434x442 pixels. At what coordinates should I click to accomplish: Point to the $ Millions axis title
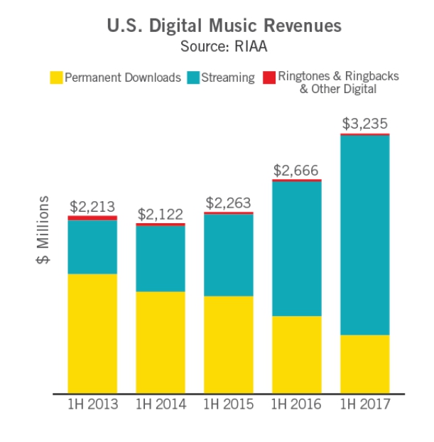coord(43,229)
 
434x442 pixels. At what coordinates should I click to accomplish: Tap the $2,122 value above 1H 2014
coord(161,214)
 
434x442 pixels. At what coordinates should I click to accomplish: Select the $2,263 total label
coord(229,203)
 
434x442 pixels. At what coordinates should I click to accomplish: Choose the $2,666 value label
coord(296,171)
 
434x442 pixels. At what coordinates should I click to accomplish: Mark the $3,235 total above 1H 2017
coord(364,124)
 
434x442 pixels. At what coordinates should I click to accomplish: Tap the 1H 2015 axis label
coord(229,404)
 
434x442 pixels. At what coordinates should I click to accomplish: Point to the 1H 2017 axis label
coord(364,404)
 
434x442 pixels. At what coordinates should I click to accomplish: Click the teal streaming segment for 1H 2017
coord(364,235)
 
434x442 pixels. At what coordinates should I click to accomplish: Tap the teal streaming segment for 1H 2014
coord(161,259)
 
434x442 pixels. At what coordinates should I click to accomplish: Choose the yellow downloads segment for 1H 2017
coord(364,363)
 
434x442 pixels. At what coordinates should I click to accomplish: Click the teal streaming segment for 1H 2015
coord(229,254)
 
